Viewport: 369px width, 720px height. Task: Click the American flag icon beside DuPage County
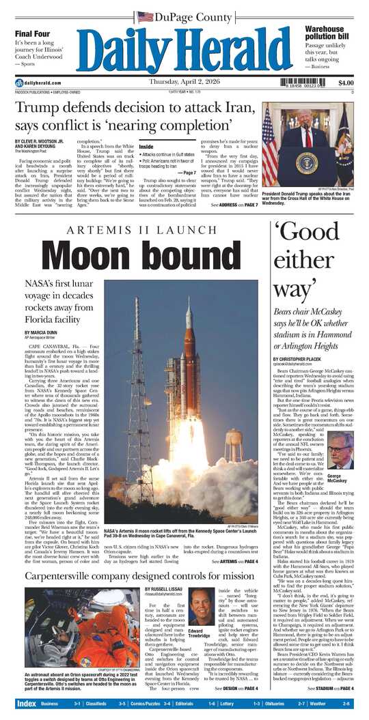pyautogui.click(x=145, y=16)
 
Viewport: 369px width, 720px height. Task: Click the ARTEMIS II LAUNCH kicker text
pyautogui.click(x=139, y=230)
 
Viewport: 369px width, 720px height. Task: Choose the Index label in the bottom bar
pyautogui.click(x=26, y=703)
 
